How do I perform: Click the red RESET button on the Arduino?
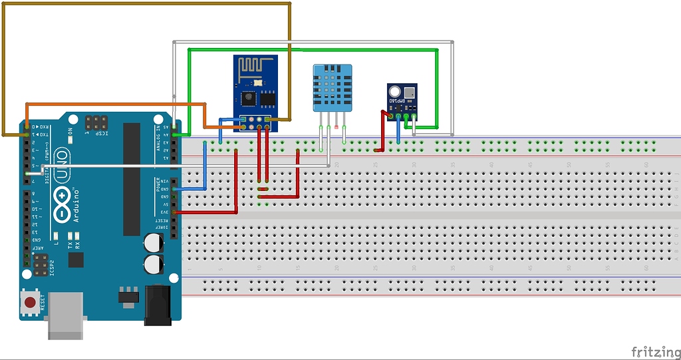click(30, 303)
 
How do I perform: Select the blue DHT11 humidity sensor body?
click(333, 87)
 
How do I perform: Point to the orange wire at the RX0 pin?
click(27, 126)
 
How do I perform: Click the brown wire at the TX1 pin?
click(27, 134)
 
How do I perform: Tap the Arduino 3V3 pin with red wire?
click(174, 212)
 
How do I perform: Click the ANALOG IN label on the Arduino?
click(158, 138)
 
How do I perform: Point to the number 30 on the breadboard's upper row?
click(414, 164)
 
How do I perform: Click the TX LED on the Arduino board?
click(69, 236)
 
